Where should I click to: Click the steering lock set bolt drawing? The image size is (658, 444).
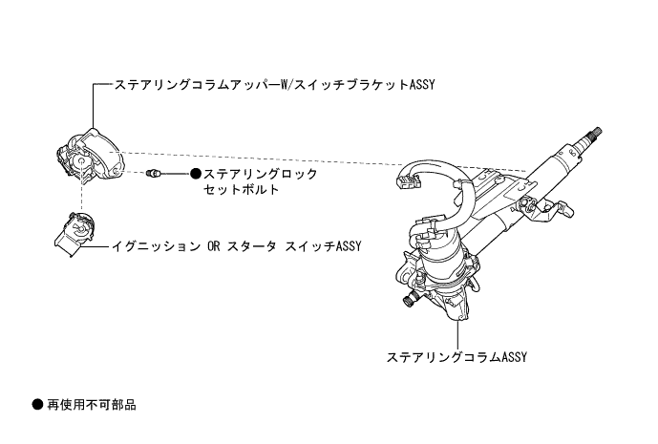coord(156,173)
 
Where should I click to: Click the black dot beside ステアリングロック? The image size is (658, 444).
coord(196,174)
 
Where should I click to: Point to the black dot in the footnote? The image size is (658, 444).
coord(37,405)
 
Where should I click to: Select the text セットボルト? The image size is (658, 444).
coord(242,189)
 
